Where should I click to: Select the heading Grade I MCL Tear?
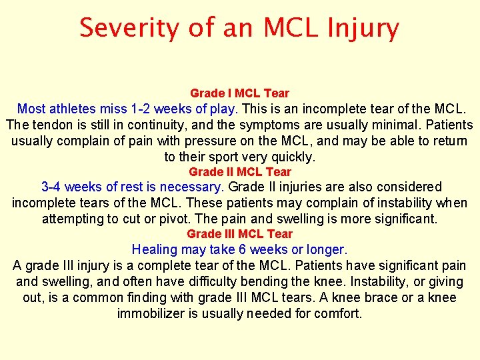(x=239, y=93)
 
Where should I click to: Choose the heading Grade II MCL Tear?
(x=239, y=172)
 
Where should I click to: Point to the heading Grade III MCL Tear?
(x=239, y=234)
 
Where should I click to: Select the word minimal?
(x=387, y=125)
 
